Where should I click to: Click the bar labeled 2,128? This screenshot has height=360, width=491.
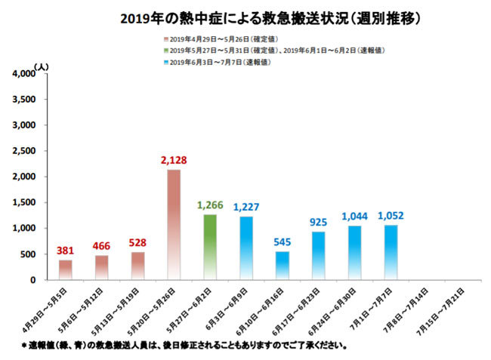click(173, 224)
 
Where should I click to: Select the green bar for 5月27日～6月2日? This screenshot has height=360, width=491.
click(209, 247)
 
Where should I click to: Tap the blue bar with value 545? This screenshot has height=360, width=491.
click(281, 266)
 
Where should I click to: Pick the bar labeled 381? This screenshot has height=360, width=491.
click(66, 269)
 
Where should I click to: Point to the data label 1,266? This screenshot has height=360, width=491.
click(209, 205)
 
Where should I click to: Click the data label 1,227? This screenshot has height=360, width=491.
click(246, 207)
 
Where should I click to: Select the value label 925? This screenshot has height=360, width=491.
click(318, 223)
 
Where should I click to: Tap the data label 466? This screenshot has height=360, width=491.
click(102, 246)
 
